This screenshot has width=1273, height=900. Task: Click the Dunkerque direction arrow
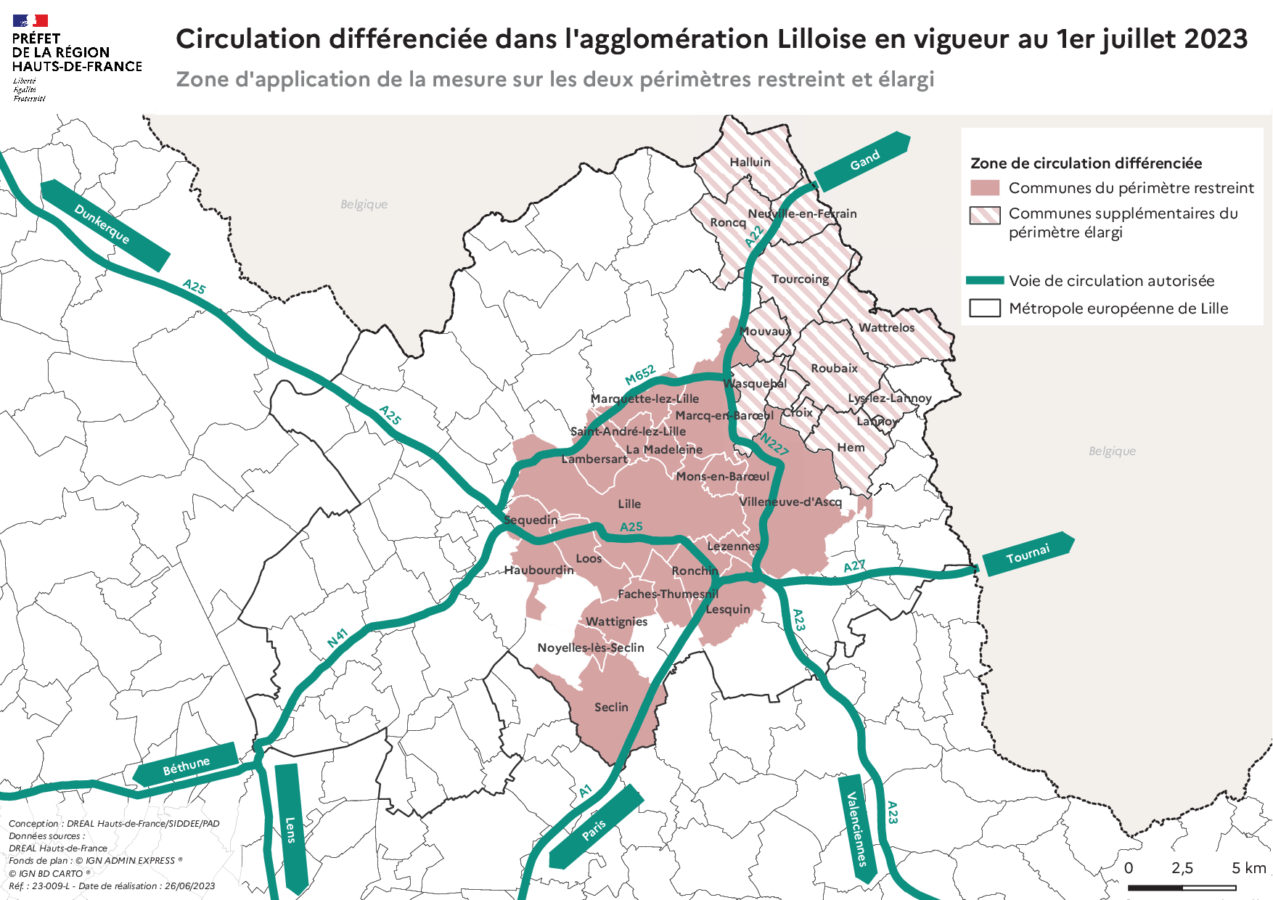coord(105,225)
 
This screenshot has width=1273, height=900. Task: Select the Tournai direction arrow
coord(1028,555)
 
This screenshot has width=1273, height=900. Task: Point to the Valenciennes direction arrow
coord(857,828)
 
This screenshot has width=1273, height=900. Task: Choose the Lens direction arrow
coord(290,828)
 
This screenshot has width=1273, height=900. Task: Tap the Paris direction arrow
coord(595,827)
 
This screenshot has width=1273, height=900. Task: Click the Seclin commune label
coord(611,707)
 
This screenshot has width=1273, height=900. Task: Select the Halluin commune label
coord(750,162)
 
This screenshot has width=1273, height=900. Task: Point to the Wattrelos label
coord(886,327)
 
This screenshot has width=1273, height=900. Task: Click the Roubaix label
coord(834,368)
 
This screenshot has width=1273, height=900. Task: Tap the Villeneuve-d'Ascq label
coord(790,502)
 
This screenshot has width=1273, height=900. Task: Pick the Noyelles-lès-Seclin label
coord(590,647)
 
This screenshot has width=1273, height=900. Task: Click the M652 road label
coord(640,375)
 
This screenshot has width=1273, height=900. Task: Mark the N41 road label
coord(337,638)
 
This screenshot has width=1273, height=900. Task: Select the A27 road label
coord(854,566)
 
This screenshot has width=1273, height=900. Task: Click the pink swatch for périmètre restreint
coord(985,188)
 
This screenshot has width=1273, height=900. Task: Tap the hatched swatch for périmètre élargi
coord(985,215)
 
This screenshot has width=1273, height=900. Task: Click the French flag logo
coord(30,21)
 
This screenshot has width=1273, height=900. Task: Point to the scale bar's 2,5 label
coord(1182,868)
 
